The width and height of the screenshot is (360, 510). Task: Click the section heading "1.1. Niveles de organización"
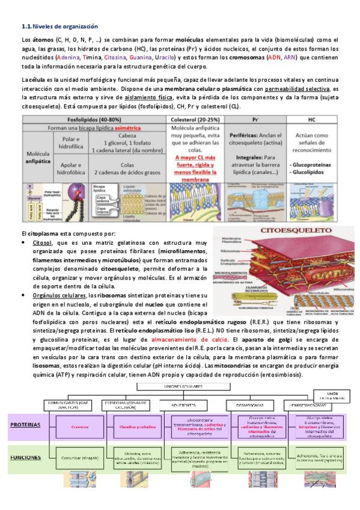[x=59, y=26]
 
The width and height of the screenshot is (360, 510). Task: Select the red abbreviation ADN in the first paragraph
[x=273, y=57]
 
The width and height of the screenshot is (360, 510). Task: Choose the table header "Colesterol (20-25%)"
[x=195, y=119]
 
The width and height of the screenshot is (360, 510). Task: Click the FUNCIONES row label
[x=25, y=457]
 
